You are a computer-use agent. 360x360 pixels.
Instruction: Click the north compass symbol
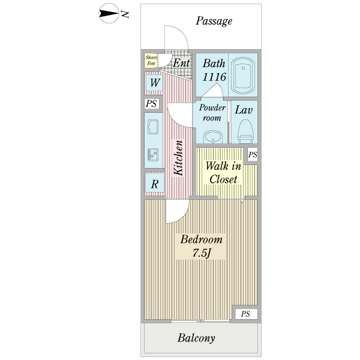tap(109, 14)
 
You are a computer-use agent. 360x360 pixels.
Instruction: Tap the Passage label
tap(214, 22)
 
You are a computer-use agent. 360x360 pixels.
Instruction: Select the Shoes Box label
tap(151, 60)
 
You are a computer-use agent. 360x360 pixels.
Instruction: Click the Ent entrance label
tap(181, 62)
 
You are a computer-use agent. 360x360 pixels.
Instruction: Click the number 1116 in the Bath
tap(214, 77)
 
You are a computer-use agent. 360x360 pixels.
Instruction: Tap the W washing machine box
tap(154, 83)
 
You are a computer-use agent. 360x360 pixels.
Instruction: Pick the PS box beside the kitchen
tap(151, 104)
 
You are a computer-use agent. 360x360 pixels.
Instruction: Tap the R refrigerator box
tap(154, 184)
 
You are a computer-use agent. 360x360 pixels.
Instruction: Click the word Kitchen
tap(178, 158)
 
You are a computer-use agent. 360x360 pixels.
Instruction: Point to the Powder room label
tap(212, 113)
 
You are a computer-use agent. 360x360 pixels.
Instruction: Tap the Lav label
tap(243, 110)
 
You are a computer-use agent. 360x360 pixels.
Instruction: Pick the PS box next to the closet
tap(253, 155)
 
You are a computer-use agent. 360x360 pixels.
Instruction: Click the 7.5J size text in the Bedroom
tap(201, 253)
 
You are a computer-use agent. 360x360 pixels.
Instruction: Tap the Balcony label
tap(196, 338)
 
